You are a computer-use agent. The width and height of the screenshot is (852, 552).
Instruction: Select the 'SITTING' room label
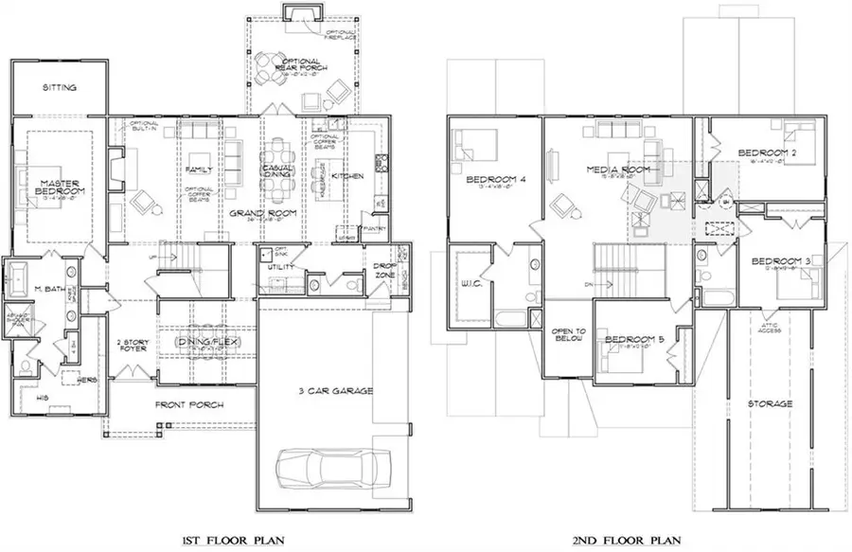point(59,87)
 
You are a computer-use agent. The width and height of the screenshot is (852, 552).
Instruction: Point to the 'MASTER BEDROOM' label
point(59,185)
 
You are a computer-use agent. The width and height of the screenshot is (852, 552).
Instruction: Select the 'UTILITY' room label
point(281,267)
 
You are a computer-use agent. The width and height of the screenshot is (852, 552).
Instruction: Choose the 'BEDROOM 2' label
point(766,152)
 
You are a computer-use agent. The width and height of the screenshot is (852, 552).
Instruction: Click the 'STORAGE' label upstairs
point(768,403)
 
